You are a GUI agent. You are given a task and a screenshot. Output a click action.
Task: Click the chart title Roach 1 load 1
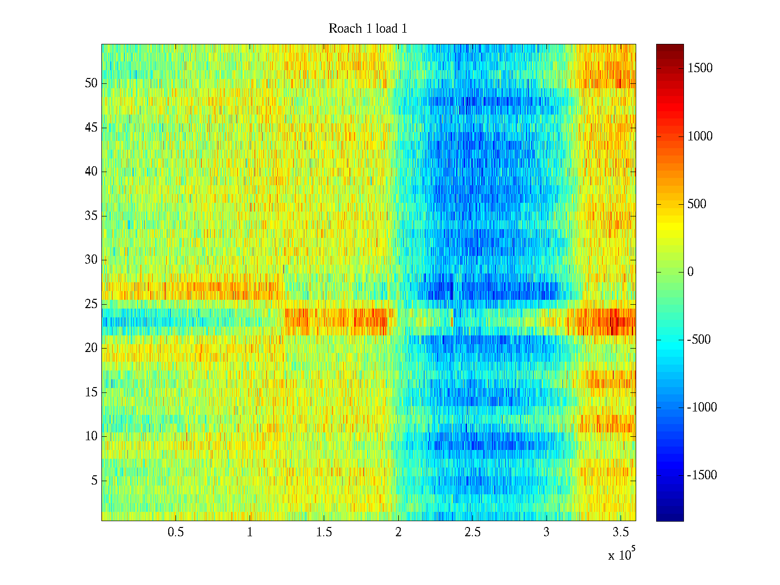(368, 29)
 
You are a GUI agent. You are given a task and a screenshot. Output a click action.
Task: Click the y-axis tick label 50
(91, 83)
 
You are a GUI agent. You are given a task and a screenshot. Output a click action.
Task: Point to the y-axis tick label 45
(91, 128)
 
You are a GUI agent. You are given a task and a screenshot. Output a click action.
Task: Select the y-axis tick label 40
(91, 172)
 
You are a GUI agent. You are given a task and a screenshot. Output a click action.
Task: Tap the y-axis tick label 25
(91, 304)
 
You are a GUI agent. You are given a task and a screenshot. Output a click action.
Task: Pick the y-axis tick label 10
(91, 436)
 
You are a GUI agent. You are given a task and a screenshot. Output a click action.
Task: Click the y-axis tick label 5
(94, 481)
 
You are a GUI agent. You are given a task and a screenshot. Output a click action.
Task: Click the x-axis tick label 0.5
(175, 532)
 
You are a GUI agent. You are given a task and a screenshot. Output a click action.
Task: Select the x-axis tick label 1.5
(324, 532)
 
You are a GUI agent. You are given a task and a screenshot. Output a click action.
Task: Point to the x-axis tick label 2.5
(472, 532)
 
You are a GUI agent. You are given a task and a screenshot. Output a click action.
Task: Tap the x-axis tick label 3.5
(621, 532)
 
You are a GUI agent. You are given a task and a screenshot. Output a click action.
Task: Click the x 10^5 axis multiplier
(621, 554)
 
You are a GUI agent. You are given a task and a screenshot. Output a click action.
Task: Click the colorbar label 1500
(700, 68)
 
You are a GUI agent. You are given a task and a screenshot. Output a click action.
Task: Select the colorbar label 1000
(700, 136)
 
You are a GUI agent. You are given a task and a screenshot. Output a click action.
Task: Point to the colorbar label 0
(690, 272)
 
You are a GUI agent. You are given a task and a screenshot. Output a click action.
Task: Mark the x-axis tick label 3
(546, 532)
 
